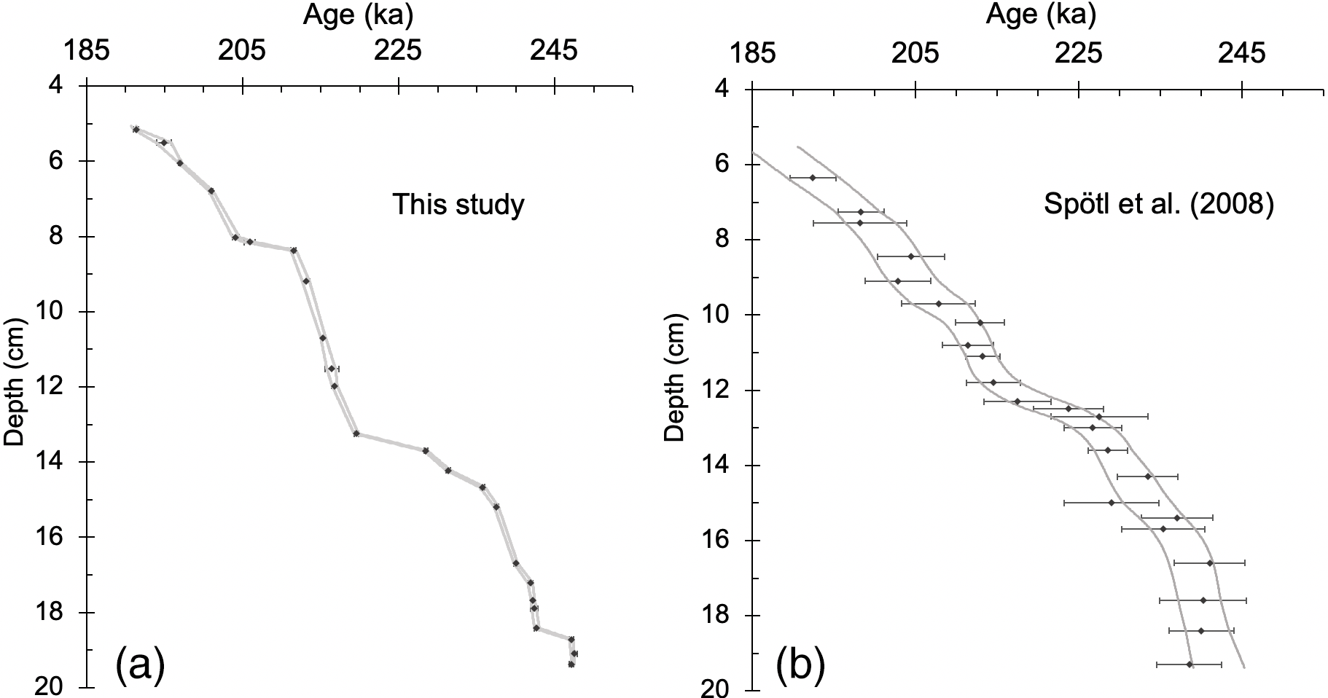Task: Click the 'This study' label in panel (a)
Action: coord(458,205)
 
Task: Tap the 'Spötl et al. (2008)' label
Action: coord(1159,205)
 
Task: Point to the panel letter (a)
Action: coord(141,666)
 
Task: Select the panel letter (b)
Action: coord(800,666)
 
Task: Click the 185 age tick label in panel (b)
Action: coord(751,53)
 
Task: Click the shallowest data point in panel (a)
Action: coord(136,130)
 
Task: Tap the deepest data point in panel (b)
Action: coord(1190,664)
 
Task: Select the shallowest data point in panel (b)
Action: coord(813,178)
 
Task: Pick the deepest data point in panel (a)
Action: coord(571,664)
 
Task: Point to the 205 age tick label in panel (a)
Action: coord(242,51)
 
